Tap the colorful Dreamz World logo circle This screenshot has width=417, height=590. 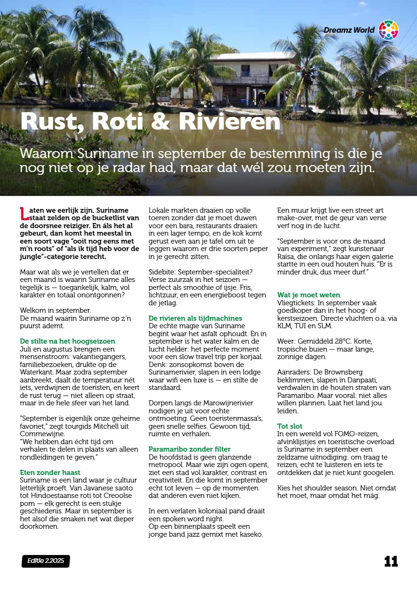[388, 30]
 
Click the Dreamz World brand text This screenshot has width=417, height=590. [349, 30]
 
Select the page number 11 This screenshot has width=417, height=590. [391, 561]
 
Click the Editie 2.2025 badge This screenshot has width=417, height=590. [45, 561]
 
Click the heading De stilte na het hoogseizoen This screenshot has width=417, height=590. [67, 341]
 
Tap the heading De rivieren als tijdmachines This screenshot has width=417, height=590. [195, 318]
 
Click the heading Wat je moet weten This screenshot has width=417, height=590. [309, 295]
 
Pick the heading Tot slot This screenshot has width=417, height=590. [290, 426]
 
